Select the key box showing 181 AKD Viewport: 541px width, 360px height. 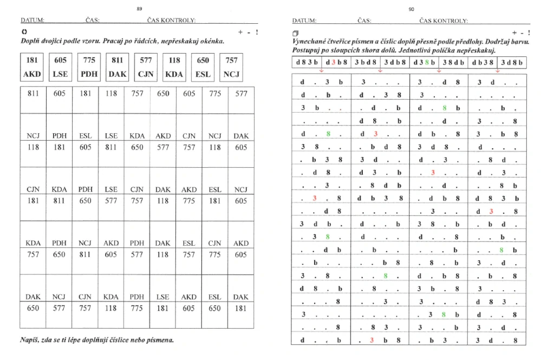(x=32, y=67)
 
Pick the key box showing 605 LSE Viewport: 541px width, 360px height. (x=61, y=67)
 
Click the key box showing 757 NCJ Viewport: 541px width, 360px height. (x=232, y=67)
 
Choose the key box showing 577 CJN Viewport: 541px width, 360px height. (x=146, y=67)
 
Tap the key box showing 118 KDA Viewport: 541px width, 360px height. (x=174, y=67)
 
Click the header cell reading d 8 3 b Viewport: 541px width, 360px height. (x=307, y=62)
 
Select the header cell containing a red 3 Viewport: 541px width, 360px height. (x=337, y=62)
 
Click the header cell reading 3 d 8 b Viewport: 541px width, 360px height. (x=512, y=62)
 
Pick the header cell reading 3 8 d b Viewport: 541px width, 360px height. (x=453, y=62)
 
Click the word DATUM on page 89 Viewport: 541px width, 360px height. (x=32, y=21)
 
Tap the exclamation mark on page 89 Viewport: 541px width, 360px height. (x=256, y=32)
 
